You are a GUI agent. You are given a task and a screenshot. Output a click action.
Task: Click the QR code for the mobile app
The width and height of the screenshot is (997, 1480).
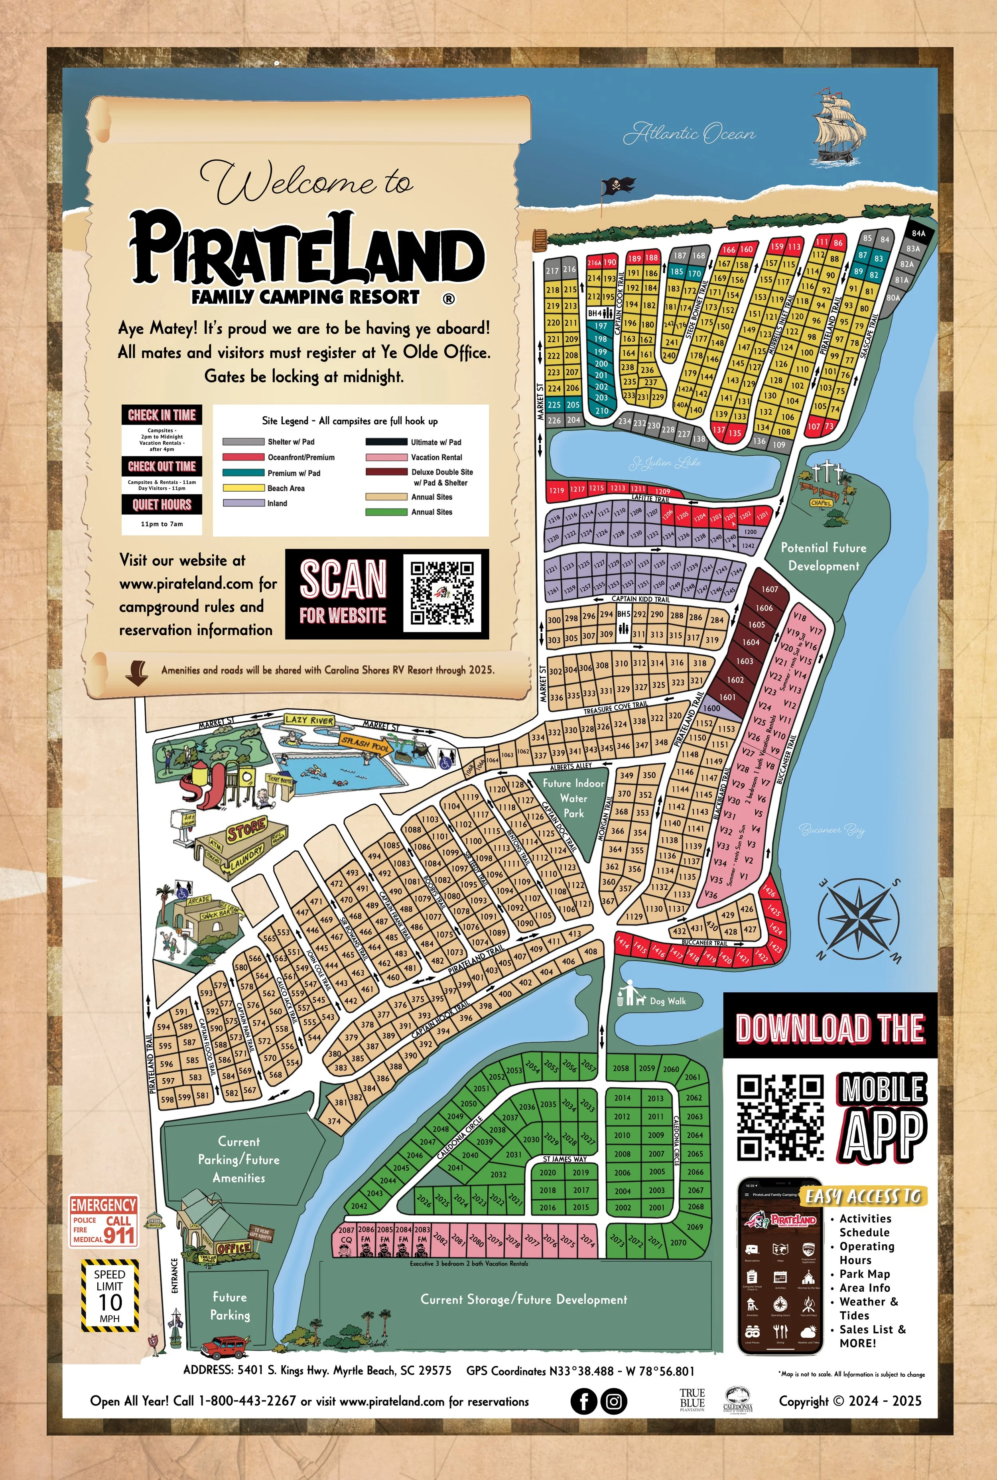tap(780, 1117)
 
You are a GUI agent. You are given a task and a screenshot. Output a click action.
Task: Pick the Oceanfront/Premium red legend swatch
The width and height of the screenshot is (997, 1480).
tap(243, 457)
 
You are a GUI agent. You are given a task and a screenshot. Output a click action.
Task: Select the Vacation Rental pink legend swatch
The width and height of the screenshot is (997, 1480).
tap(386, 457)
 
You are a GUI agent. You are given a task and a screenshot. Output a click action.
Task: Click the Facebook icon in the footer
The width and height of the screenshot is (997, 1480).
tap(583, 1401)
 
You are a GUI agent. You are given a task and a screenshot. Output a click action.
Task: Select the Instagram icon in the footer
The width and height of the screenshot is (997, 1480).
tap(614, 1401)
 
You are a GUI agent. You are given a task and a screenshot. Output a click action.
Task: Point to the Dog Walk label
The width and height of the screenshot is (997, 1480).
tap(667, 1001)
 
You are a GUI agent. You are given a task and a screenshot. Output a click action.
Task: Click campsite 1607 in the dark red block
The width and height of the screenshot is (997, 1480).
tap(769, 589)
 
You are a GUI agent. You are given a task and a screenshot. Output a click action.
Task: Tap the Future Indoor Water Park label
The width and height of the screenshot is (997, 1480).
tap(573, 798)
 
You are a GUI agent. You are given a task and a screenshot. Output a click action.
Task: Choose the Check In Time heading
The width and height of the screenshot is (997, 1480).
tap(162, 415)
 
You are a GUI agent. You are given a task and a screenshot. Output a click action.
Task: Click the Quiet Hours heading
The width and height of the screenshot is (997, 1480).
tap(162, 505)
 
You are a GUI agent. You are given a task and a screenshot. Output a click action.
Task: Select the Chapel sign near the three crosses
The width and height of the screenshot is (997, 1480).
tap(821, 503)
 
